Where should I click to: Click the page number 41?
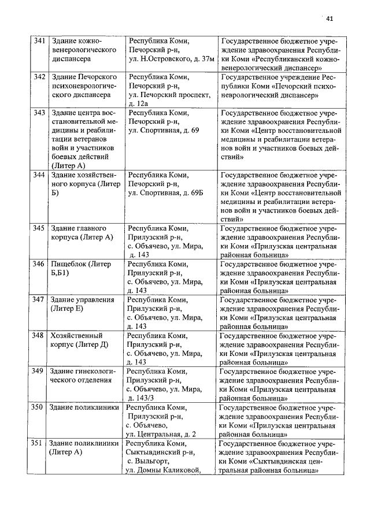pyautogui.click(x=330, y=18)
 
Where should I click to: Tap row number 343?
pyautogui.click(x=39, y=113)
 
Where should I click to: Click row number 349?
pyautogui.click(x=39, y=370)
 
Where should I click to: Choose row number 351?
pyautogui.click(x=38, y=443)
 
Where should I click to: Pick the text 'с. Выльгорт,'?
pyautogui.click(x=148, y=461)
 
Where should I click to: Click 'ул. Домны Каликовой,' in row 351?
pyautogui.click(x=164, y=470)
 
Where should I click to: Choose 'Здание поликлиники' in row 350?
pyautogui.click(x=82, y=407)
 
